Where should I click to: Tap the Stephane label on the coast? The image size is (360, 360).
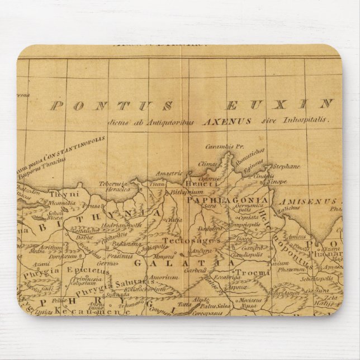(286, 166)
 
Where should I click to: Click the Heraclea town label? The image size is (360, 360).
(118, 190)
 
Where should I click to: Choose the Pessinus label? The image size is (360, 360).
(120, 256)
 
